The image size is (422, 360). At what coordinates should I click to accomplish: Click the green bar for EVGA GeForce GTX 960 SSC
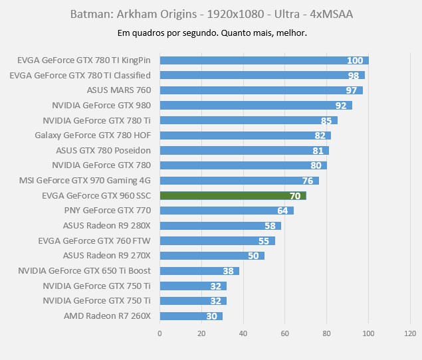(233, 196)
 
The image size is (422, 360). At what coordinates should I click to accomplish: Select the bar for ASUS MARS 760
(261, 90)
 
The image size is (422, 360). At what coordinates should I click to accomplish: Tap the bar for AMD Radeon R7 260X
(191, 316)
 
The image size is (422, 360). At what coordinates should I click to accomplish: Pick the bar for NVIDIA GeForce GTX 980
(255, 106)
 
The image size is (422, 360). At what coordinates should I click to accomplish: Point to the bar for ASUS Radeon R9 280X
(220, 226)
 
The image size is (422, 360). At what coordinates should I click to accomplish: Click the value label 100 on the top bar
(355, 60)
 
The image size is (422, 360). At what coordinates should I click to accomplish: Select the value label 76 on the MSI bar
(308, 181)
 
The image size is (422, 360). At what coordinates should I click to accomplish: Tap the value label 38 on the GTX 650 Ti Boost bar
(229, 271)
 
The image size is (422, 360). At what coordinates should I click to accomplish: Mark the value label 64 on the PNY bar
(282, 211)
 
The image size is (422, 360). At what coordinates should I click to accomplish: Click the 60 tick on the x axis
(285, 333)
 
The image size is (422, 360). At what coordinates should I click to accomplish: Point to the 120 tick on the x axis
(410, 333)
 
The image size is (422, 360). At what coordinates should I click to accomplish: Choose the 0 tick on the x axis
(160, 333)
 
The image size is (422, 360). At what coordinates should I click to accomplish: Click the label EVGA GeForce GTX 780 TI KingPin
(84, 60)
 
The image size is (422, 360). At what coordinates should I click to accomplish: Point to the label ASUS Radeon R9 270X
(107, 256)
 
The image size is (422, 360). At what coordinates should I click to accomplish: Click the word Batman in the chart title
(86, 14)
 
